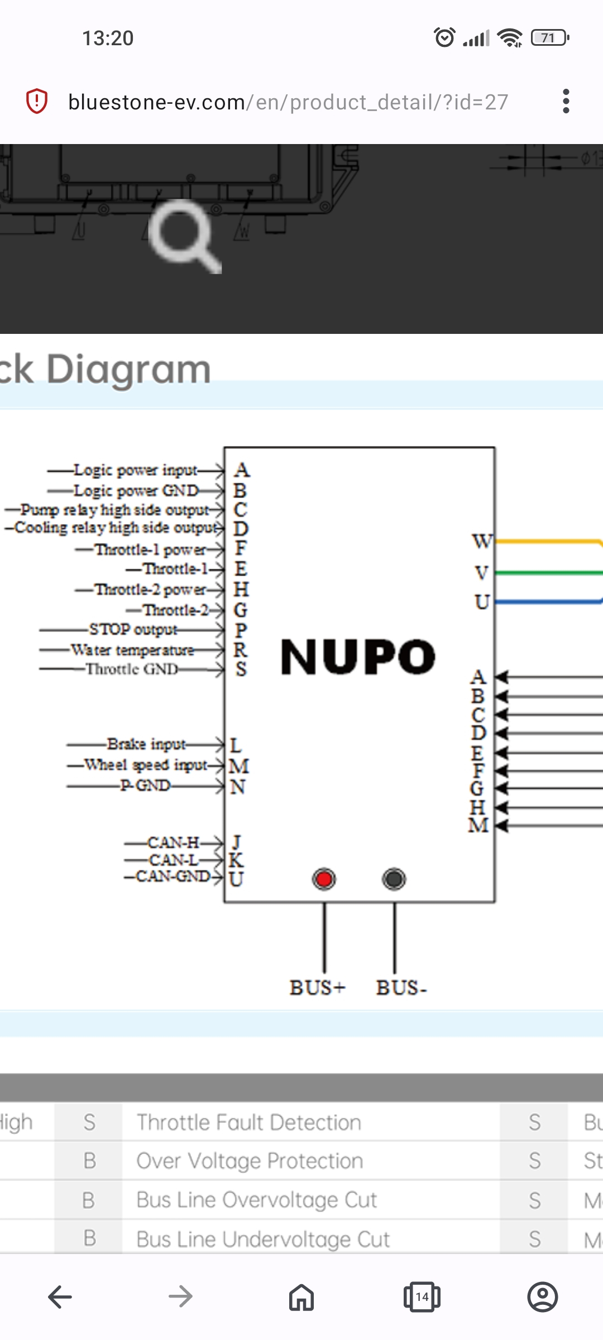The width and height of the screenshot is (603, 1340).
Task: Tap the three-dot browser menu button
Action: (566, 102)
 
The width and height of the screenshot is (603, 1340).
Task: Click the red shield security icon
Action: (37, 102)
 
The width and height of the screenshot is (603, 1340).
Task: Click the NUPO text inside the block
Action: (357, 657)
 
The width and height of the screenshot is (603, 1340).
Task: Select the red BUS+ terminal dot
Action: (324, 879)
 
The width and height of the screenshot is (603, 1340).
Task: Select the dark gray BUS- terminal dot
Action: (394, 879)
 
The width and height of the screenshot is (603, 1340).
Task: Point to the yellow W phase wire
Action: (547, 541)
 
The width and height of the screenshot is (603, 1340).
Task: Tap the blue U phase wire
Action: (547, 601)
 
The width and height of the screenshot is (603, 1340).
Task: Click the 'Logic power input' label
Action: (135, 470)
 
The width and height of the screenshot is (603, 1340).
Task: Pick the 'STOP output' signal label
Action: (133, 630)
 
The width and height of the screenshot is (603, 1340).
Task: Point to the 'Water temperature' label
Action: (132, 650)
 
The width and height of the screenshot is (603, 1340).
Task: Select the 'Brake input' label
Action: (146, 744)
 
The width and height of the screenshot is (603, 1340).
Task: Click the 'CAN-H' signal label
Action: (173, 842)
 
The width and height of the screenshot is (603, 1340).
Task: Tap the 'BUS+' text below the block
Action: (317, 988)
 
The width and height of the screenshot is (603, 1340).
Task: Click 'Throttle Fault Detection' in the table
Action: (249, 1122)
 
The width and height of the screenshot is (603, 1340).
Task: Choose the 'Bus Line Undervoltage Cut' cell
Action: (263, 1239)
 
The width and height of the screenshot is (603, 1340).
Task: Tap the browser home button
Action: (301, 1296)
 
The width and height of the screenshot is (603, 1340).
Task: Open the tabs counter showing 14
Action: (422, 1296)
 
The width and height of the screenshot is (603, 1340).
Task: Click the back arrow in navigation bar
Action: (60, 1296)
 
